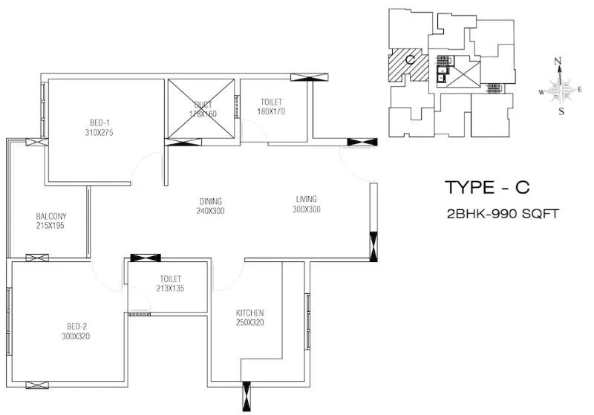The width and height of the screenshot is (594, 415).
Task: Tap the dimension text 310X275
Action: click(99, 132)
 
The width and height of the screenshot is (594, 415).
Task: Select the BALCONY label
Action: click(50, 217)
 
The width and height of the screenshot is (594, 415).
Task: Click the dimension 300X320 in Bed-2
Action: click(76, 336)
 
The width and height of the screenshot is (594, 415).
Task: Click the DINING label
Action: click(210, 201)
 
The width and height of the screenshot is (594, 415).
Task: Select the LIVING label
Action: click(306, 199)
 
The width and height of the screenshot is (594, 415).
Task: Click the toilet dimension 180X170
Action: click(272, 111)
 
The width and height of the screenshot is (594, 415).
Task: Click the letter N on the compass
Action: click(559, 62)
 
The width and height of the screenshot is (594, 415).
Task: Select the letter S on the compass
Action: click(561, 112)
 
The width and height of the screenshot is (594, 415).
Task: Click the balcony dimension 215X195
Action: click(50, 226)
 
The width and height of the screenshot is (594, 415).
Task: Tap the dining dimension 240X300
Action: click(210, 211)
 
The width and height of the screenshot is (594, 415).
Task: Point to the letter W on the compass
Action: click(542, 92)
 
